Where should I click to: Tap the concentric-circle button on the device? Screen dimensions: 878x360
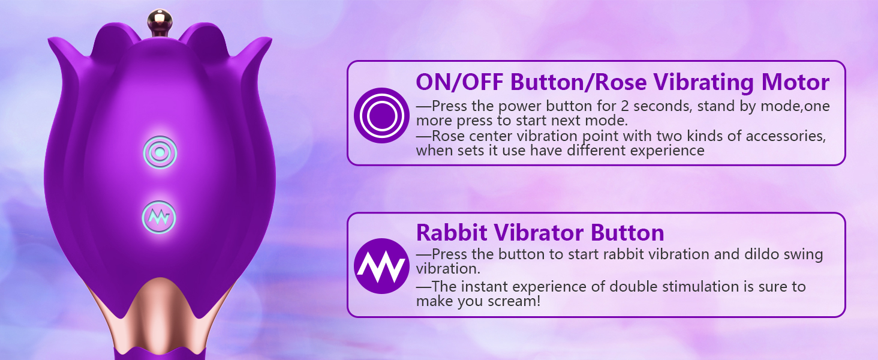pos(160,152)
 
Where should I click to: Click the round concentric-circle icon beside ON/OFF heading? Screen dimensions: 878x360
pos(381,115)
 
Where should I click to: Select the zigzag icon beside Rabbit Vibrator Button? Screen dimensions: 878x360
pos(381,266)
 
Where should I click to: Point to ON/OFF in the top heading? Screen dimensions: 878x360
pos(459,82)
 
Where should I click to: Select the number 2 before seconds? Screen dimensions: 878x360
pos(625,106)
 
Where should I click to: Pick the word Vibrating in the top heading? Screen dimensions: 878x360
pos(704,83)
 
